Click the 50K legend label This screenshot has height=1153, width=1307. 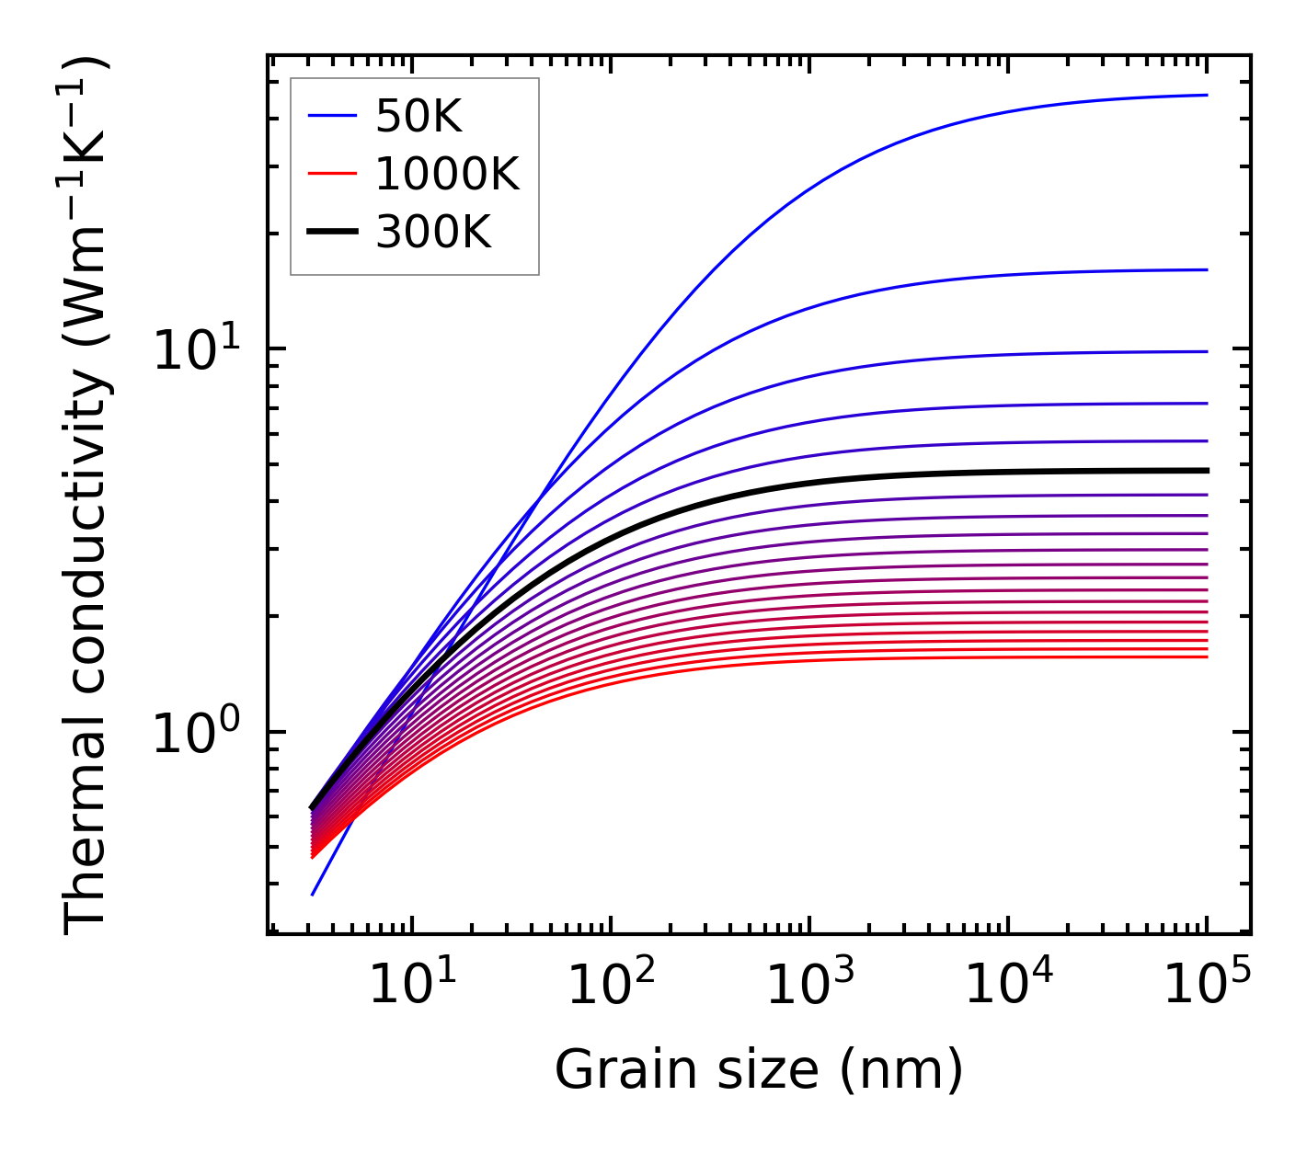[418, 116]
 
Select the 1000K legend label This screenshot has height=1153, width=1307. [447, 174]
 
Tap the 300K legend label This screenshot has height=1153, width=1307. [433, 233]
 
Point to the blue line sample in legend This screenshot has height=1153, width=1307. [332, 116]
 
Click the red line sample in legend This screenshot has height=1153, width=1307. [332, 174]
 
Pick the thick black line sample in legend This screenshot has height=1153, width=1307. [332, 233]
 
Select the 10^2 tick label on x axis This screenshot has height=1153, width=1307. [611, 987]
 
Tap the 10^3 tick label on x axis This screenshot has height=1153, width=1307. [809, 987]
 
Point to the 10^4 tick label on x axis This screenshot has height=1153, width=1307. [1008, 987]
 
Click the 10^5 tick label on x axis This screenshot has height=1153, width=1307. [1207, 987]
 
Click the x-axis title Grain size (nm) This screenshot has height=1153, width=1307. [759, 1070]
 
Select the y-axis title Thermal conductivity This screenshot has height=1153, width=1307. [86, 497]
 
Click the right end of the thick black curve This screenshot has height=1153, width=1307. [1206, 471]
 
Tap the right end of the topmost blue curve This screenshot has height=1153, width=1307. [1206, 95]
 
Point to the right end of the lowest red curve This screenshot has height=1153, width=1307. [1206, 656]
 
